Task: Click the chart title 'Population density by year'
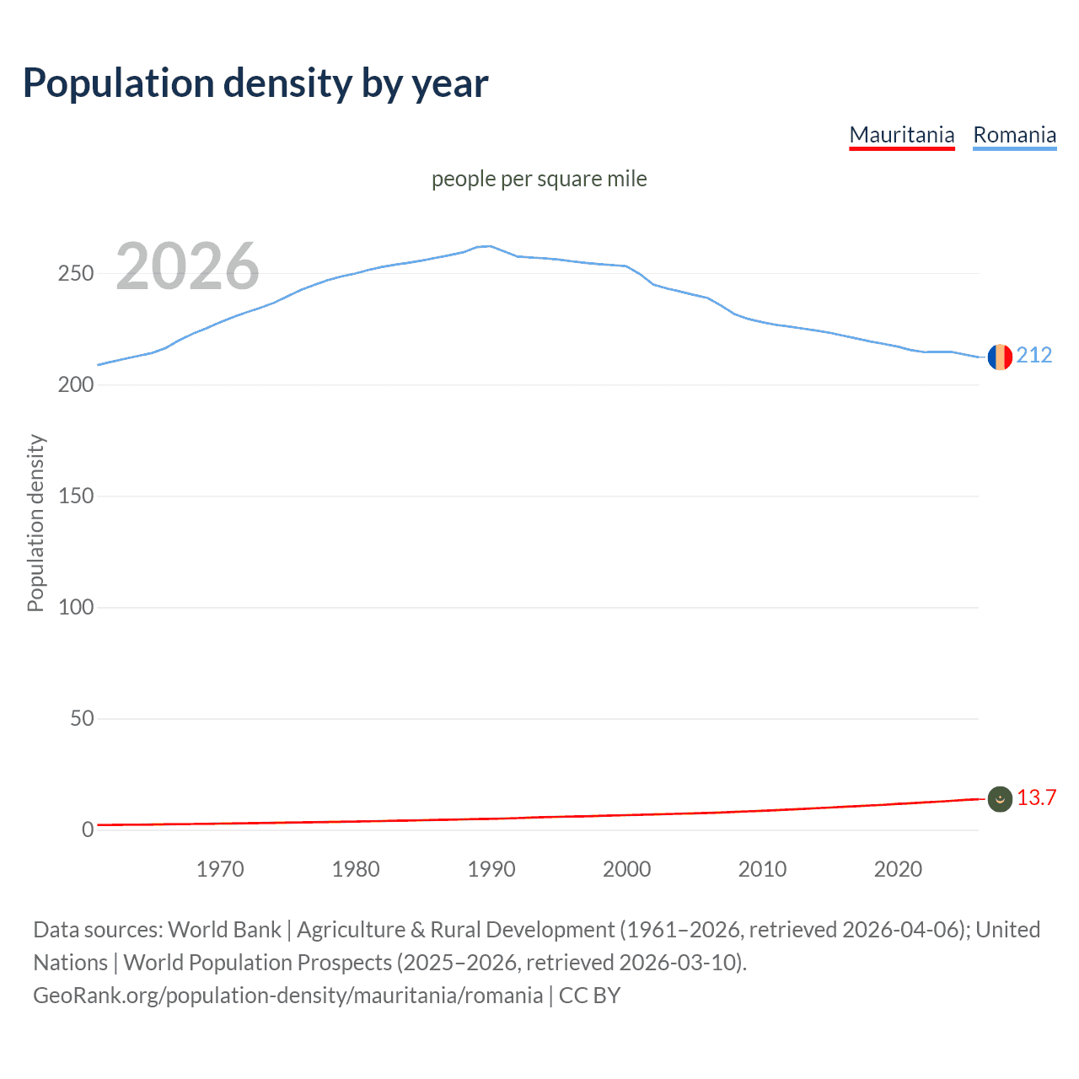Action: [x=255, y=83]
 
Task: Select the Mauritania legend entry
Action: [x=901, y=135]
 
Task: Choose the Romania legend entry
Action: [x=1014, y=135]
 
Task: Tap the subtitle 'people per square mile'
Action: [x=539, y=180]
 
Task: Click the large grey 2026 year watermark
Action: [x=187, y=266]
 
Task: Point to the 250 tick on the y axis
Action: [x=75, y=274]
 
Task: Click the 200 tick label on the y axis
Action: [x=75, y=385]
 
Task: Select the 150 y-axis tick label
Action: [x=75, y=497]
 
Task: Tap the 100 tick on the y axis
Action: [x=75, y=608]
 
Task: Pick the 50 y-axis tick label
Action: [x=81, y=719]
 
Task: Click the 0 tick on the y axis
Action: [x=88, y=830]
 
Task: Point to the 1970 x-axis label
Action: [x=220, y=869]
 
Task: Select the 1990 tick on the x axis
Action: [x=491, y=869]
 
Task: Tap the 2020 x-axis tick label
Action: [x=898, y=869]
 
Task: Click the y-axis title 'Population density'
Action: [x=35, y=523]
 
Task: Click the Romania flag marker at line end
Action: [x=1000, y=357]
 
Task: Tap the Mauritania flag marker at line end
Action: [x=1000, y=799]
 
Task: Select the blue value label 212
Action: [x=1034, y=356]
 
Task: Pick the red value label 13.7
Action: [x=1036, y=798]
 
